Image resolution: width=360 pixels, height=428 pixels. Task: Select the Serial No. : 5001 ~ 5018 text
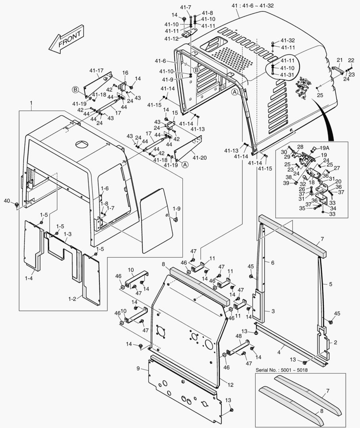coord(281,370)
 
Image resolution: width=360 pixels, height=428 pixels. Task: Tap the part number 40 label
coord(7,201)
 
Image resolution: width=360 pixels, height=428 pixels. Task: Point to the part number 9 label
coord(138,369)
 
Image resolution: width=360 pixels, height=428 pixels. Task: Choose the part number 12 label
coord(230,384)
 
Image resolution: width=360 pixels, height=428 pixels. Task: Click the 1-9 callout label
coord(176,208)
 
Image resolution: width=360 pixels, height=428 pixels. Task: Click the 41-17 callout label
coord(96,71)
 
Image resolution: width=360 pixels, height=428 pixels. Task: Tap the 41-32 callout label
coord(288,40)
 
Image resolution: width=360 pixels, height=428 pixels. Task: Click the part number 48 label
coord(238,336)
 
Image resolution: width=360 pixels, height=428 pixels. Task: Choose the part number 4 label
coord(279,352)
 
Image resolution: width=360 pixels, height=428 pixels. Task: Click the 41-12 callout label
coord(171,38)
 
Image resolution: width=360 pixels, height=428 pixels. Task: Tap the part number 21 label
coord(339,60)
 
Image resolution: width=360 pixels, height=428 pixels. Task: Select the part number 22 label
coord(351,60)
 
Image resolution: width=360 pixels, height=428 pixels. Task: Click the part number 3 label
coord(273,311)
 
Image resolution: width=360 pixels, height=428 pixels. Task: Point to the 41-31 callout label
coord(288,75)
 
